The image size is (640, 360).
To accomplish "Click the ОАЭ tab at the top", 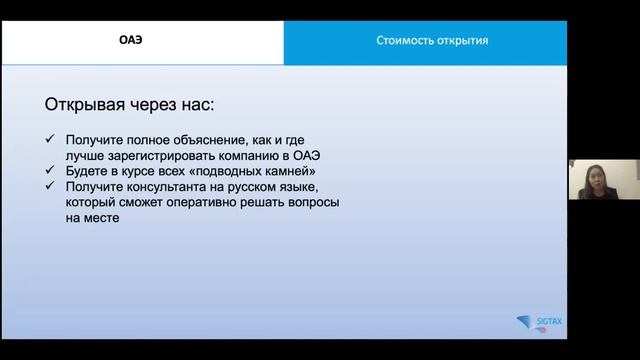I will tap(143, 42).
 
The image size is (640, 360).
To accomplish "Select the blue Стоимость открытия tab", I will tap(432, 42).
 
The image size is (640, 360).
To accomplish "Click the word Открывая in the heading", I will tap(87, 104).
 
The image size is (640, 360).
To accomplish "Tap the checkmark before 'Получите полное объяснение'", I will tap(51, 141).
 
